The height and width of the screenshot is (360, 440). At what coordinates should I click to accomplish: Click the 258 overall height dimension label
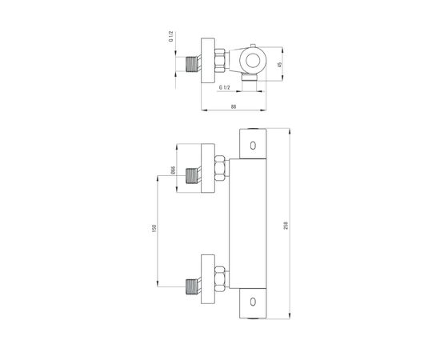pos(286,226)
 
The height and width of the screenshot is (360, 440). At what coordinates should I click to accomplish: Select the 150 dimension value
pos(154,229)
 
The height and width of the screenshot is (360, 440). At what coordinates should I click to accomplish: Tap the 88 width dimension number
pos(234,106)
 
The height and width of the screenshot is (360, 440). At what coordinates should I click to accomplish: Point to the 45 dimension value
pos(279,65)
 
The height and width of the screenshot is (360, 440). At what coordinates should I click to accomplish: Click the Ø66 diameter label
pos(173,170)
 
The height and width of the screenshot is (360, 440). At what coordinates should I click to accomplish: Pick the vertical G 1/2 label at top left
pos(170,37)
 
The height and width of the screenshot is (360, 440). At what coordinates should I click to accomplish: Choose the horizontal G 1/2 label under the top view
pos(225,87)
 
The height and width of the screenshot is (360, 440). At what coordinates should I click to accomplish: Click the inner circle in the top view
pos(253,60)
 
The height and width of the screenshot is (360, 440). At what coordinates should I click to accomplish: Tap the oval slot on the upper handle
pos(253,146)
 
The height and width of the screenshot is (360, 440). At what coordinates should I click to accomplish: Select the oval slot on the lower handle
pos(253,302)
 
